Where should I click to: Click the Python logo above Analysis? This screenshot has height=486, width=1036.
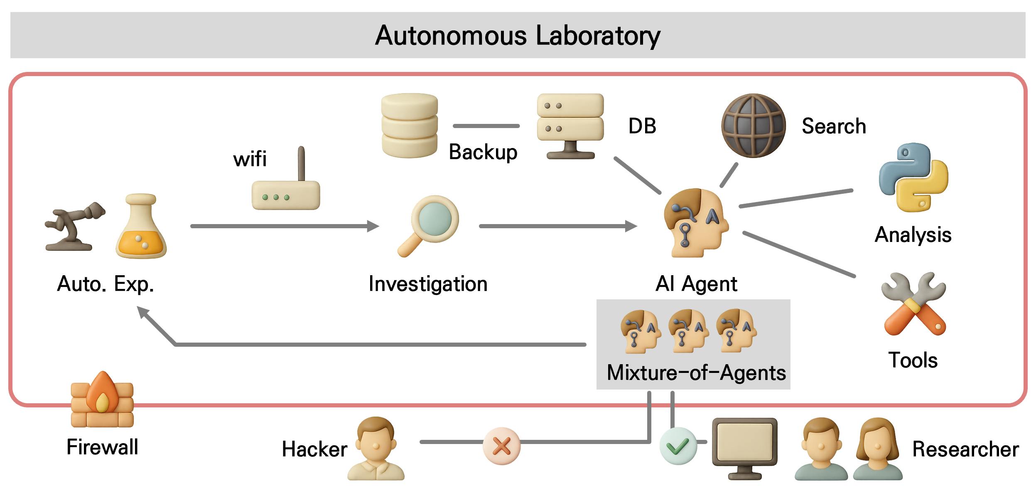913,178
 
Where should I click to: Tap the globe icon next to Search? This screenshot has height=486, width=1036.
753,126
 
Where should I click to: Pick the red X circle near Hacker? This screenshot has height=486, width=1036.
501,446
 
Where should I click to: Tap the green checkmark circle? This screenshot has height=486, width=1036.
678,446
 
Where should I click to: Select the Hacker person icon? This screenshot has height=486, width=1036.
376,448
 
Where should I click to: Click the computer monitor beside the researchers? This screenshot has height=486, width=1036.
744,447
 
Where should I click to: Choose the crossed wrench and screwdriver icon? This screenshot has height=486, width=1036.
913,304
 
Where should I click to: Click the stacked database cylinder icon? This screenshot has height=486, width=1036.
409,126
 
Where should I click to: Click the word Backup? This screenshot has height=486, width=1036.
483,152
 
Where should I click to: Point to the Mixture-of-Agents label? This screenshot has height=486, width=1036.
696,373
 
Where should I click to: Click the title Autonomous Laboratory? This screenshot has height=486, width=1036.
518,35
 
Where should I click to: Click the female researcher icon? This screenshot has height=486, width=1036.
878,449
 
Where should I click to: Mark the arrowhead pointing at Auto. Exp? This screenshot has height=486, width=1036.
142,311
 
